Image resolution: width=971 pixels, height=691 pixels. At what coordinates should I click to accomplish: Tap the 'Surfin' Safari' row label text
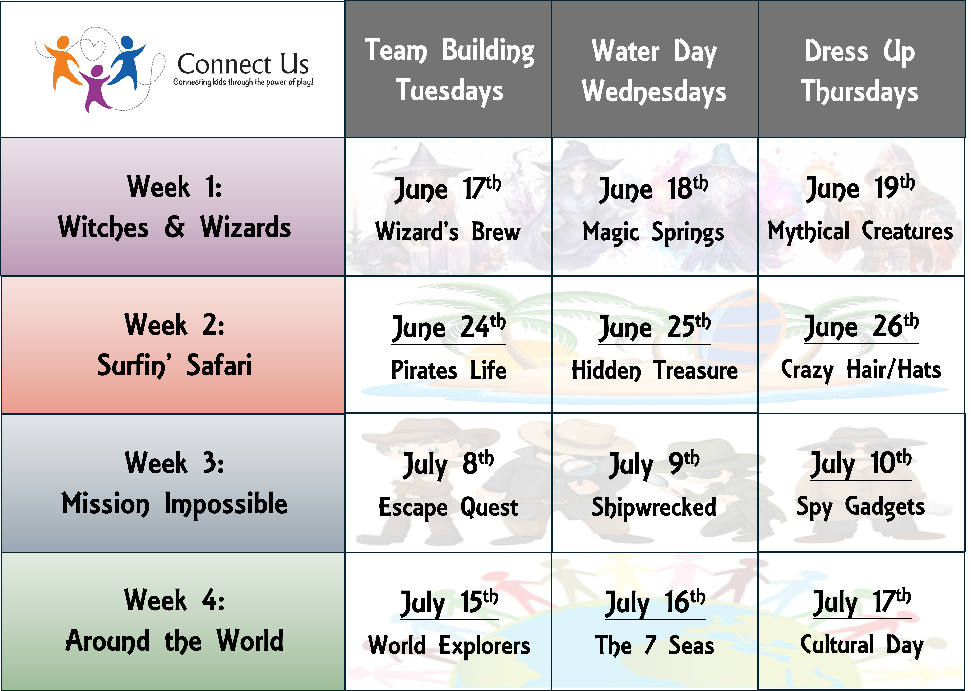(x=174, y=365)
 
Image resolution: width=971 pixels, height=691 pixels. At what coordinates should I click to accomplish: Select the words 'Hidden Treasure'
(x=655, y=370)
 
